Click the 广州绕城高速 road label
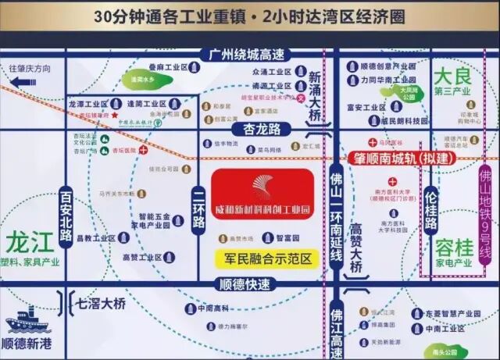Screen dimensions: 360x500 (x=244, y=55)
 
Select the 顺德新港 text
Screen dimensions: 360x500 (x=30, y=343)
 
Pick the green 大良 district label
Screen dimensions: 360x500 (x=454, y=77)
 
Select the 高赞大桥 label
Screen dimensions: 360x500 (x=357, y=248)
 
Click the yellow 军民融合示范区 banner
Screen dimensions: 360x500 (x=262, y=257)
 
